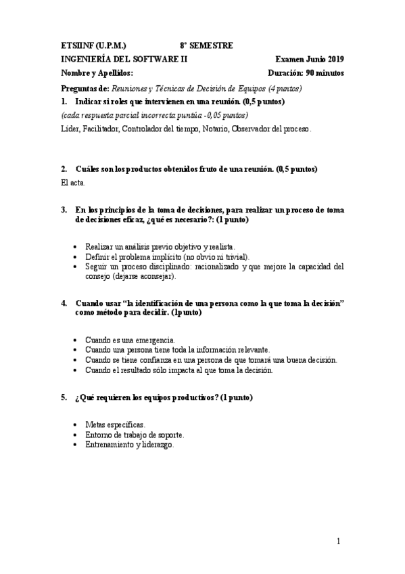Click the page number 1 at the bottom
(341, 542)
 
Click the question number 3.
(64, 211)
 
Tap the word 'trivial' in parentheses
(239, 257)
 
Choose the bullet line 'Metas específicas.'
(115, 424)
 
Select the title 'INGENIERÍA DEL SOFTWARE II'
(124, 59)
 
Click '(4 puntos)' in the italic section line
(285, 88)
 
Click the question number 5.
(64, 397)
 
